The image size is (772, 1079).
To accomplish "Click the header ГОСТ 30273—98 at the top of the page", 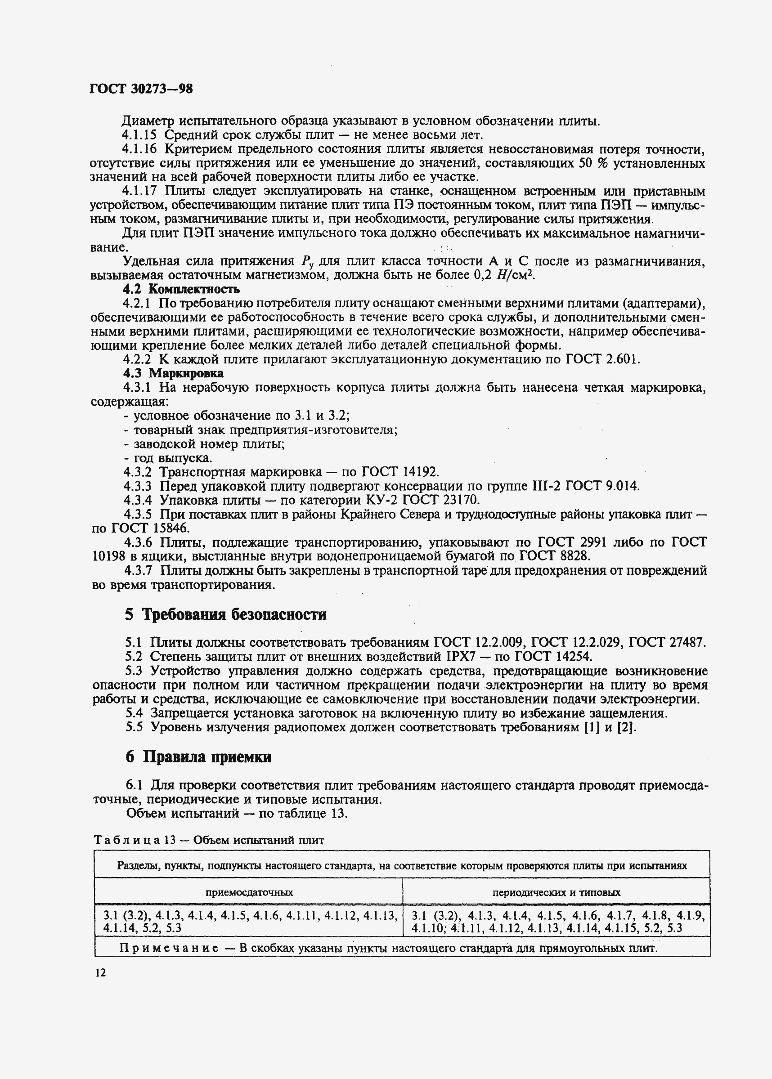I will tap(141, 89).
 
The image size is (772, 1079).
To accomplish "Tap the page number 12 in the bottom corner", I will tap(100, 972).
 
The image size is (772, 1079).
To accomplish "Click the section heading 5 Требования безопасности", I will tap(225, 614).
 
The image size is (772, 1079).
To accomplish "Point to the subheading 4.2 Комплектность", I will tap(181, 289).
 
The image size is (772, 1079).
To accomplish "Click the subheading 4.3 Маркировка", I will tap(173, 373).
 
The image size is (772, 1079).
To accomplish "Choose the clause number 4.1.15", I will tap(139, 135).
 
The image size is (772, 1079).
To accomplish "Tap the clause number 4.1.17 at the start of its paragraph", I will tap(139, 191).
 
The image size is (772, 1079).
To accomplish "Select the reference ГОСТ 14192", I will tap(399, 472).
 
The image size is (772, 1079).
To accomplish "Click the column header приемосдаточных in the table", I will tap(249, 892).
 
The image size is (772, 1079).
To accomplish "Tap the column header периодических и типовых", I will tap(556, 892).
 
